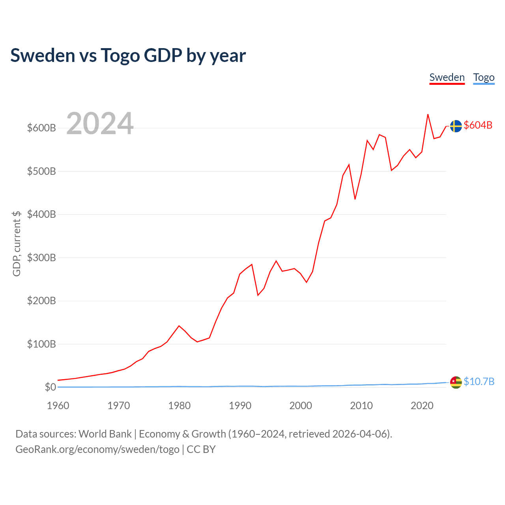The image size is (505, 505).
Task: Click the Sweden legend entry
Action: click(x=447, y=77)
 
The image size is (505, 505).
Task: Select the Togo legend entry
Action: click(x=484, y=77)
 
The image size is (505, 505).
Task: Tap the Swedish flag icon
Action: click(x=456, y=126)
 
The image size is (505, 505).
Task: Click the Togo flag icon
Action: click(x=456, y=382)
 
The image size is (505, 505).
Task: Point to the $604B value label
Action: click(x=478, y=125)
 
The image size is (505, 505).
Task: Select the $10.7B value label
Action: click(x=479, y=382)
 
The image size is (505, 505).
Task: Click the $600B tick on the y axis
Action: click(x=41, y=128)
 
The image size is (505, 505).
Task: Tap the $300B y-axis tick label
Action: click(x=41, y=258)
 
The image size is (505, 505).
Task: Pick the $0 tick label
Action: click(x=50, y=387)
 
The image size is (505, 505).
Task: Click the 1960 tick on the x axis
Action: click(x=58, y=406)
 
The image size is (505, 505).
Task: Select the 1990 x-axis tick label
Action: click(x=240, y=406)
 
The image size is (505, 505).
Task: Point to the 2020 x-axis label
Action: click(x=422, y=406)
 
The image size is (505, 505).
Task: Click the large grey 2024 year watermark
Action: click(x=100, y=123)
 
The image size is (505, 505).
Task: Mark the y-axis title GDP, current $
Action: click(x=17, y=243)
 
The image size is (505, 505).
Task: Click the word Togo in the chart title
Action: click(x=120, y=55)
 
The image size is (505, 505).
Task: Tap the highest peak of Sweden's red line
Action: click(x=428, y=114)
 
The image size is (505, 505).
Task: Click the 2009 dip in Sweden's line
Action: click(x=355, y=199)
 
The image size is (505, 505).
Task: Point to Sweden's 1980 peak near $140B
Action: click(x=179, y=326)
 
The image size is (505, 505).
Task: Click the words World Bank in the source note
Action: click(x=105, y=434)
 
